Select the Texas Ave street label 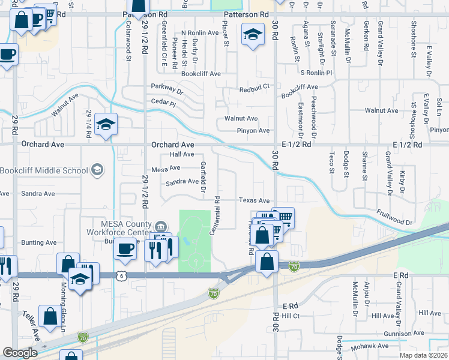(x=255, y=201)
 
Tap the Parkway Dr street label (x=167, y=89)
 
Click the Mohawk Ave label (x=370, y=346)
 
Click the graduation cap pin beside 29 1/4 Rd (x=106, y=124)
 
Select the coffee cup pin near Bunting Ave (x=125, y=248)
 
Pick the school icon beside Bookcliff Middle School (x=96, y=170)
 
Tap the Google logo (x=20, y=352)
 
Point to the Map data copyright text (x=420, y=355)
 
